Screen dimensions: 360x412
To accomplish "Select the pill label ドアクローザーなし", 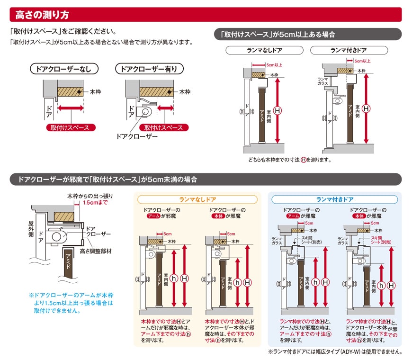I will (x=64, y=69).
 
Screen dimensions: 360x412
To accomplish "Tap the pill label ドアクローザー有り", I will (x=149, y=69).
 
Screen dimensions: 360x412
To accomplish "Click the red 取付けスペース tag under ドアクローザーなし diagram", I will (x=71, y=127).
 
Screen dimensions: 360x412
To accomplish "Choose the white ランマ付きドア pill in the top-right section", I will (x=349, y=50).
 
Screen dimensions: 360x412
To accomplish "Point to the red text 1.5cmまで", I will (x=95, y=202).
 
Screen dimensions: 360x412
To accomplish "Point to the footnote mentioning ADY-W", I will (x=335, y=352).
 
